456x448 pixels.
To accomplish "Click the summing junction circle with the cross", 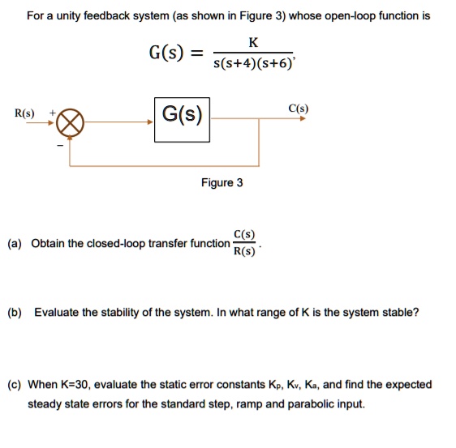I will (x=70, y=123).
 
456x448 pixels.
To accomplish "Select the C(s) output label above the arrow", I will (x=297, y=108).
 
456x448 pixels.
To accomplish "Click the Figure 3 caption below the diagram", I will (x=222, y=182).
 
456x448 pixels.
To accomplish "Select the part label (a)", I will (x=15, y=243).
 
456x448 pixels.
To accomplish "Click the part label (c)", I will (x=15, y=385).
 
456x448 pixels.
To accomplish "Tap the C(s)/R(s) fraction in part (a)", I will (x=243, y=243).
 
